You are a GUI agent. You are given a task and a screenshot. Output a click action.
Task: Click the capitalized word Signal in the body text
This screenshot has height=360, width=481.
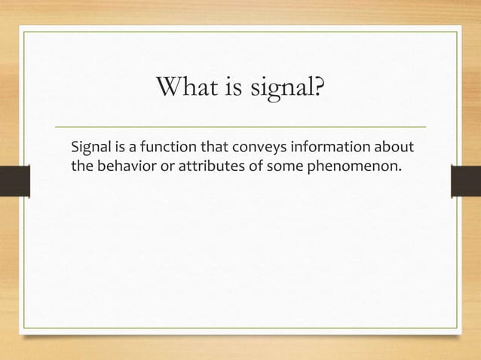[x=90, y=145]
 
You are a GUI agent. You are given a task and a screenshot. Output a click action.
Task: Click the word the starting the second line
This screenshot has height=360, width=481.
[x=81, y=165]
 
